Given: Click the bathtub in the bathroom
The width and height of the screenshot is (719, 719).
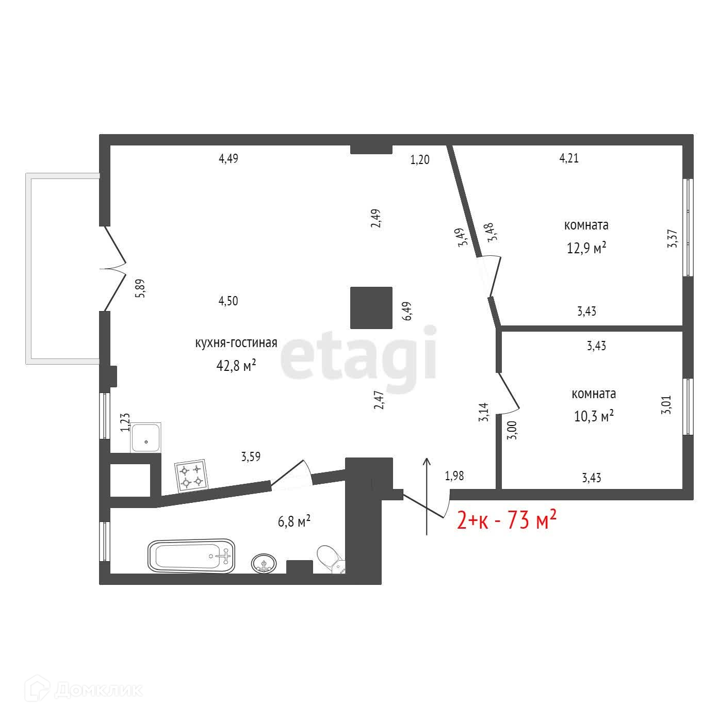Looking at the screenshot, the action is [x=191, y=555].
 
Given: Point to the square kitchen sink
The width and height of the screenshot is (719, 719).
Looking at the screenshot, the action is [x=146, y=437].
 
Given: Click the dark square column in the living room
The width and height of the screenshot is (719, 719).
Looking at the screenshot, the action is [x=371, y=308].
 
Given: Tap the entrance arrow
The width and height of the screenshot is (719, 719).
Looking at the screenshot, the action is [x=427, y=496].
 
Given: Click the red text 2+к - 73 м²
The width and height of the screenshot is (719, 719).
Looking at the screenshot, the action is [x=506, y=521].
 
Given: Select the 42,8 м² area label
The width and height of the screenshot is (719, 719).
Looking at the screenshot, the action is [x=236, y=366].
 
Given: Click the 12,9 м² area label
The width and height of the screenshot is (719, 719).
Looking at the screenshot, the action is [x=586, y=249].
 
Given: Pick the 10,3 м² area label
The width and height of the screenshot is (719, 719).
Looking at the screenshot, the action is [x=594, y=416].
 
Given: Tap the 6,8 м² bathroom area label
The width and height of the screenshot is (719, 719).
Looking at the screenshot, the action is [x=294, y=521].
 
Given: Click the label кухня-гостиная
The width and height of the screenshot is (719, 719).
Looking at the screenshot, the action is [x=236, y=343].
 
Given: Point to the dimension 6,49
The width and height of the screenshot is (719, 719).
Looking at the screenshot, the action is [x=408, y=312].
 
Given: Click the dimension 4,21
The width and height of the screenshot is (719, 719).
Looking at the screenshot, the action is [x=569, y=158].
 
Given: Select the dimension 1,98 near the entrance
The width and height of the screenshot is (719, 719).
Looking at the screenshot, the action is [x=454, y=476].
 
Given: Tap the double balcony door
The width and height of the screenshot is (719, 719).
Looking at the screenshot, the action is [x=114, y=268].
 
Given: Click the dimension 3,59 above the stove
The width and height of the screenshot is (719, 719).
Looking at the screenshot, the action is [x=251, y=456].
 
